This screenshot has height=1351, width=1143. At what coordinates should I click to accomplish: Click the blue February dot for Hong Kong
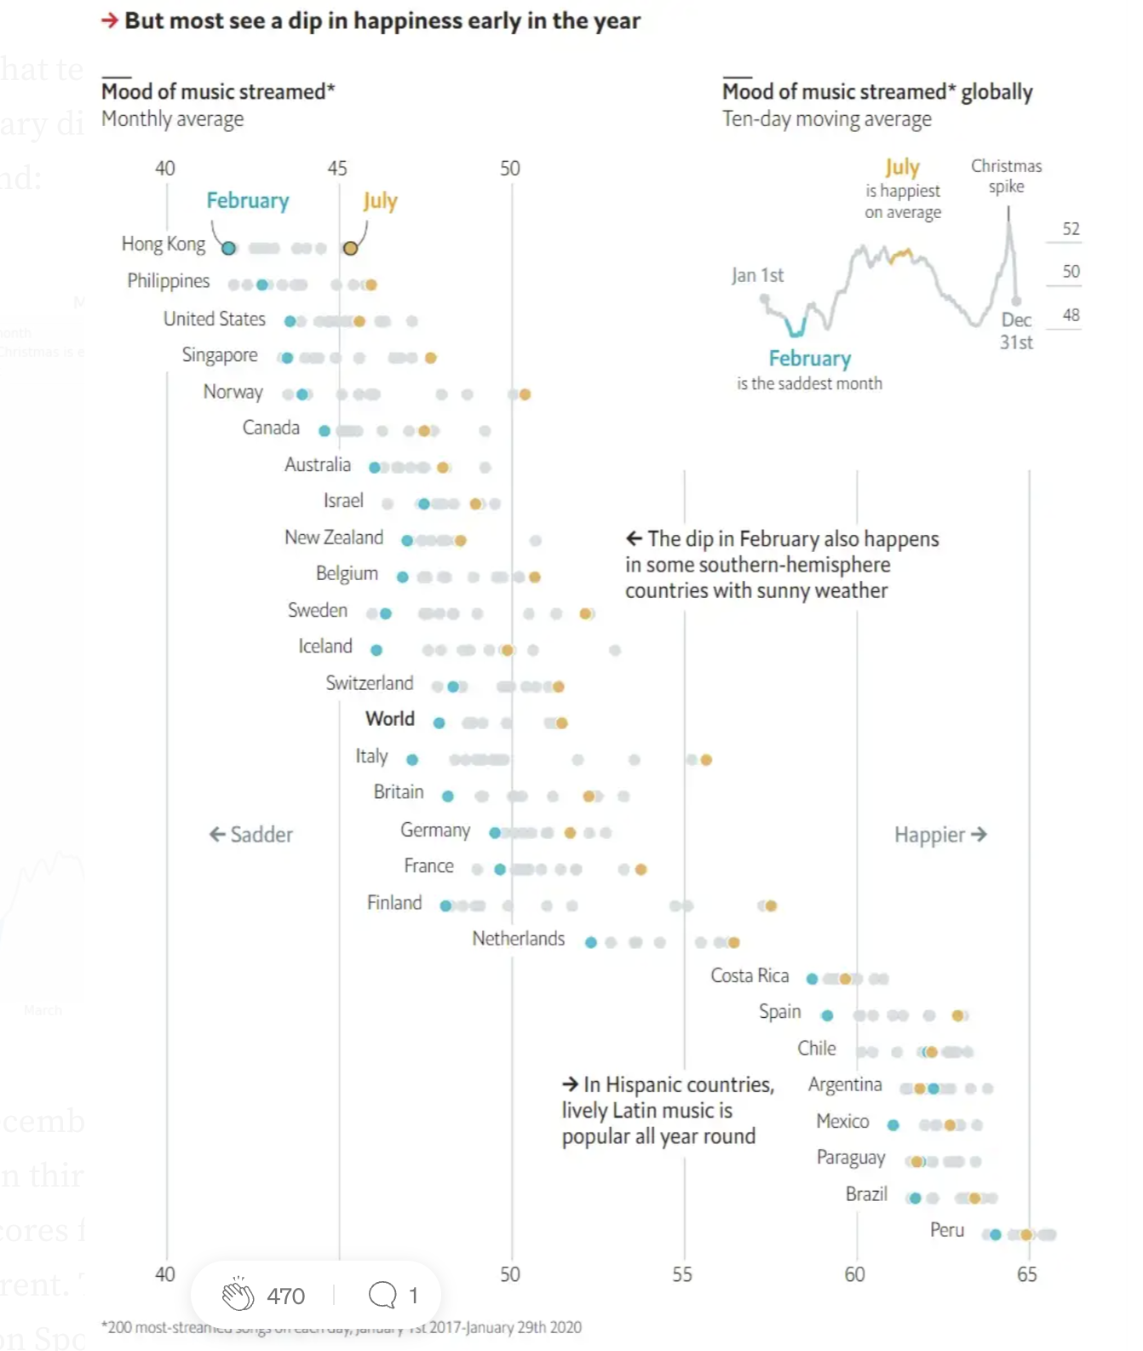[x=228, y=248]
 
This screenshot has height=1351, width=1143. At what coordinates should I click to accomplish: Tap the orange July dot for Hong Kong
[x=350, y=248]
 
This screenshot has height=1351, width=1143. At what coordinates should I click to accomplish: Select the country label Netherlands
[x=518, y=938]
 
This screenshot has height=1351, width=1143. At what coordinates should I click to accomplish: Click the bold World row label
[x=390, y=719]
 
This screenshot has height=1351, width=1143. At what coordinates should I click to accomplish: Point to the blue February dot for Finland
[x=445, y=905]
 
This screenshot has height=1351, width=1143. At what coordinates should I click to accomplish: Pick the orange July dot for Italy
[x=706, y=759]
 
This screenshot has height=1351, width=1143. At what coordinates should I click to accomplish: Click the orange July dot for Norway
[x=525, y=394]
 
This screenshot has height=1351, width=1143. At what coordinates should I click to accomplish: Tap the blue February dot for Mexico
[x=893, y=1124]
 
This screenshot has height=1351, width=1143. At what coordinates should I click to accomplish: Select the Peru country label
[x=946, y=1230]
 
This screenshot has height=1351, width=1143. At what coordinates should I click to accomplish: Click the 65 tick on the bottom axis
[x=1026, y=1274]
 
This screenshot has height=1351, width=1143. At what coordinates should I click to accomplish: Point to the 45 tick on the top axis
[x=337, y=169]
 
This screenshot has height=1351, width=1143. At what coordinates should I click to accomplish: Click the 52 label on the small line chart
[x=1071, y=229]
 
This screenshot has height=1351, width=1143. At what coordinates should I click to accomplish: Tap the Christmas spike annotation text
[x=1006, y=175]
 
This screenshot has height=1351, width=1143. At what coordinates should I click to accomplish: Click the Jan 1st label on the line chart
[x=757, y=275]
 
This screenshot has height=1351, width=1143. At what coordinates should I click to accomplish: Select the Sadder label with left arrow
[x=251, y=835]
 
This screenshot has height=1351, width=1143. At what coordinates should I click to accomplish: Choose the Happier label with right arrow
[x=940, y=835]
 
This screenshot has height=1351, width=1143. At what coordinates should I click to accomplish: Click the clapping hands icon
[x=238, y=1295]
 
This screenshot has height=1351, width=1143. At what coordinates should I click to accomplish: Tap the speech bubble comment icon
[x=382, y=1295]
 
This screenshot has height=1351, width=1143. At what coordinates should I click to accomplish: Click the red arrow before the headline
[x=110, y=20]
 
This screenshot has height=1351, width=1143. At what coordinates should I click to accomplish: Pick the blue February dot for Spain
[x=827, y=1015]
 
